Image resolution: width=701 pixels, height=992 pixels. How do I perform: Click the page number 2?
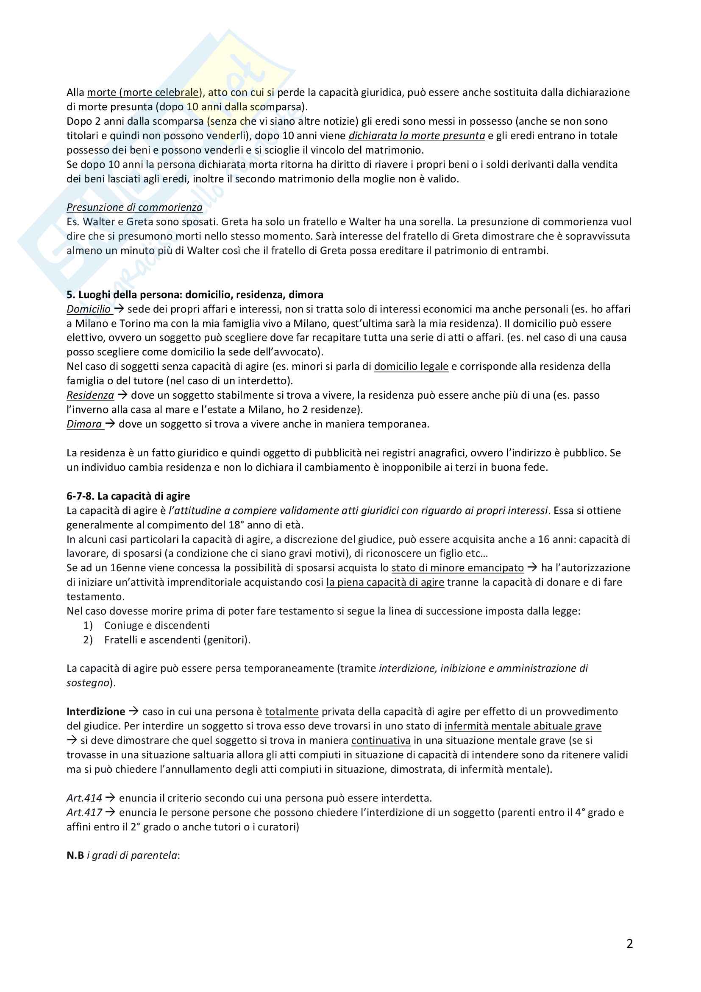coord(629,944)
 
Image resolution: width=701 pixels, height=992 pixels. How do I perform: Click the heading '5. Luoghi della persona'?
coord(195,295)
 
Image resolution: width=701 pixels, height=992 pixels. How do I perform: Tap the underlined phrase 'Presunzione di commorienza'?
coord(134,207)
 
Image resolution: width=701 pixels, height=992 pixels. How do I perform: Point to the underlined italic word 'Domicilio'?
coord(89,309)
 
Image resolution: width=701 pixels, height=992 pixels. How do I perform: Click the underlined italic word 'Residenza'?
coord(90,395)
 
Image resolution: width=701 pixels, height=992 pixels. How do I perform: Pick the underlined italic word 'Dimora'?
coord(84,424)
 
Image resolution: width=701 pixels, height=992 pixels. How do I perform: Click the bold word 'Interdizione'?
coord(96,712)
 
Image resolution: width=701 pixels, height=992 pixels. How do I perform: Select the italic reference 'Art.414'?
coord(84,798)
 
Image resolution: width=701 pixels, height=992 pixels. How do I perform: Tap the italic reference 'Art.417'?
coord(84,813)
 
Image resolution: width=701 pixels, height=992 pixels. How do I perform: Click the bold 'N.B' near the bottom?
coord(75,856)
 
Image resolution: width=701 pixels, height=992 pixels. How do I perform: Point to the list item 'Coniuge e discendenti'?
coord(157,626)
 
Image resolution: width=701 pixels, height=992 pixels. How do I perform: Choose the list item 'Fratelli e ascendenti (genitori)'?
coord(177,640)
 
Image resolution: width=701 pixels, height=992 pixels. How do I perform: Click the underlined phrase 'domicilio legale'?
coord(411,366)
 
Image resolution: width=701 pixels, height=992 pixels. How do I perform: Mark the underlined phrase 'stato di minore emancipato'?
coord(458,568)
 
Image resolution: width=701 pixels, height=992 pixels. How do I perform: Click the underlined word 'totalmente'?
coord(291,712)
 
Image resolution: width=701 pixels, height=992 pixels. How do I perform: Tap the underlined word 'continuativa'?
coord(381,741)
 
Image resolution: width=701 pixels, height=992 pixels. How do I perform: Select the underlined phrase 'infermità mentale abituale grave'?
coord(523,726)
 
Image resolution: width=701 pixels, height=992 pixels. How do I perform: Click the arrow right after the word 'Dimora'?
coord(110,424)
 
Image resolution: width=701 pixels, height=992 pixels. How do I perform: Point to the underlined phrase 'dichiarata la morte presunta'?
coord(417,136)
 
